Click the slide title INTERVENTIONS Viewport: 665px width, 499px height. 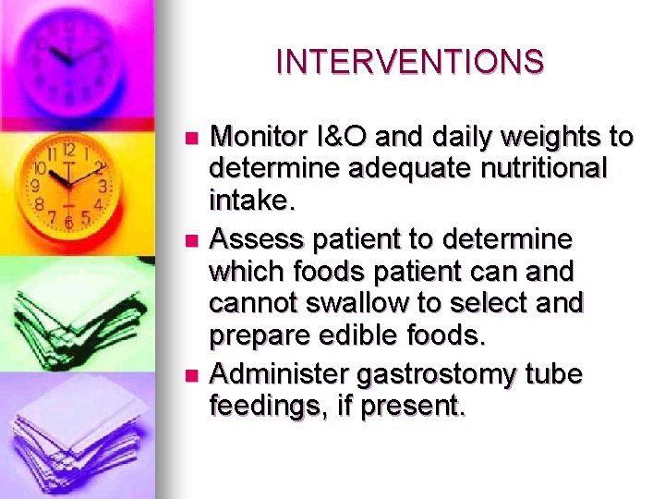pyautogui.click(x=410, y=62)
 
